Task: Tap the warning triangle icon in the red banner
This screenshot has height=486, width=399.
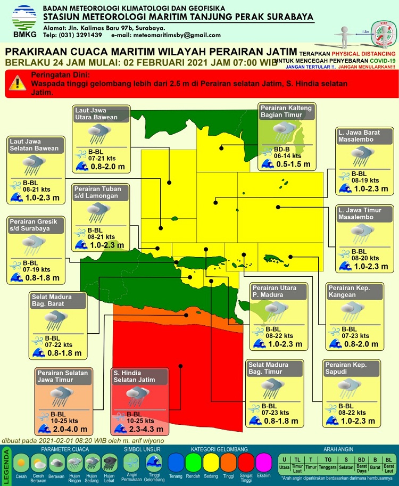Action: point(19,83)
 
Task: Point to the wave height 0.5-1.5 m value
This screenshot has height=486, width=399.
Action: point(293,164)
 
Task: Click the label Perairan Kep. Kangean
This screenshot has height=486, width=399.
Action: point(348,291)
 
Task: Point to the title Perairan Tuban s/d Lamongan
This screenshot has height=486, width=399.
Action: point(97,192)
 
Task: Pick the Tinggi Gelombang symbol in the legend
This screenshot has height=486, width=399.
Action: point(153,461)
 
